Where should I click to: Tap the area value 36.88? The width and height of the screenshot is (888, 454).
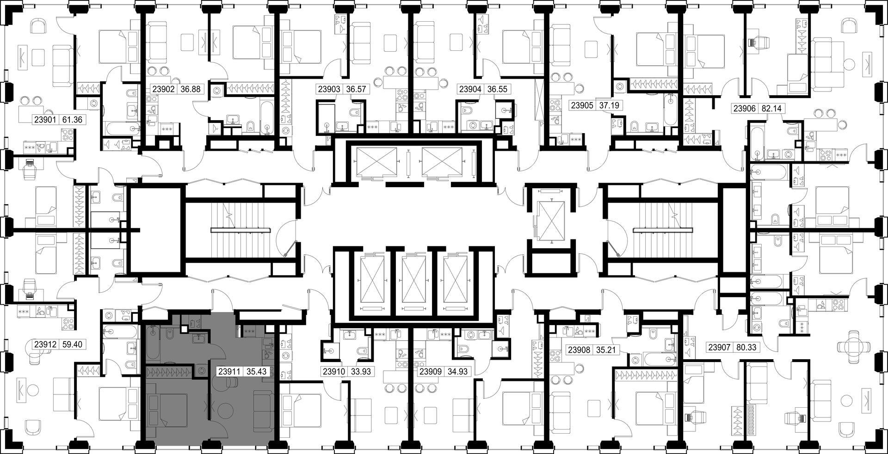coord(190,89)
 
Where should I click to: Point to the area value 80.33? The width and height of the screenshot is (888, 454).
coord(746,347)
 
